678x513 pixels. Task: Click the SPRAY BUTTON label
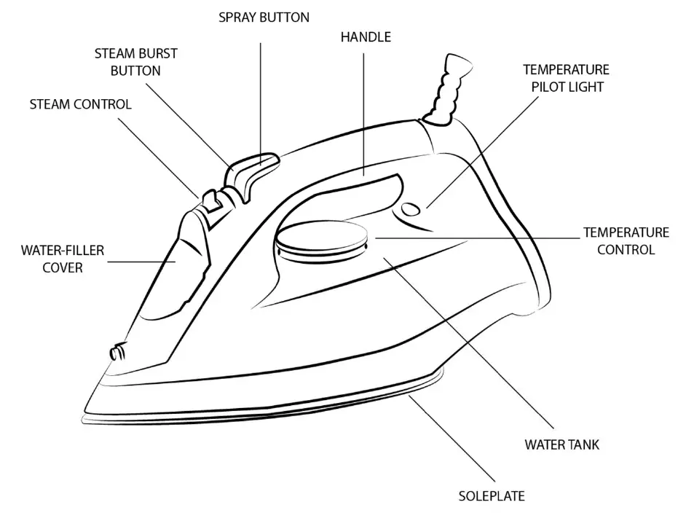click(x=264, y=17)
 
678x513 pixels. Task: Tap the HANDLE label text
click(x=366, y=37)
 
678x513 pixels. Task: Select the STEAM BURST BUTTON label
click(x=135, y=63)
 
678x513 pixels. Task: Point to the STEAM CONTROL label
click(x=81, y=104)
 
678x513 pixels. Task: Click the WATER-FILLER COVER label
click(x=63, y=259)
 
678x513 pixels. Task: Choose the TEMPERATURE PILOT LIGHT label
click(x=566, y=78)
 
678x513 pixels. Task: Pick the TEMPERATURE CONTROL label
click(x=626, y=240)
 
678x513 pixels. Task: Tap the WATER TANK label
click(x=562, y=444)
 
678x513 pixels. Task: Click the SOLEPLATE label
click(x=492, y=496)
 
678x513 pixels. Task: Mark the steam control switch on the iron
click(x=211, y=200)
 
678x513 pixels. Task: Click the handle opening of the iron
click(x=364, y=186)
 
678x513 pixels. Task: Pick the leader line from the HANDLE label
click(x=364, y=109)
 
